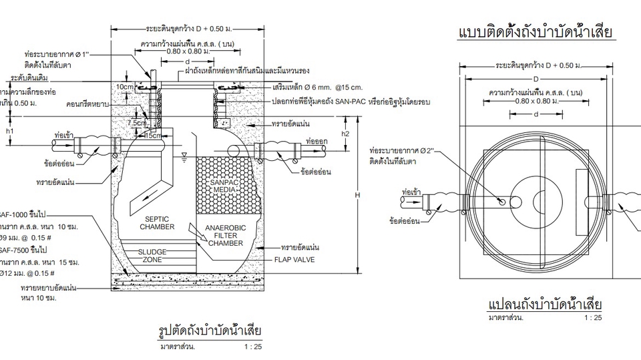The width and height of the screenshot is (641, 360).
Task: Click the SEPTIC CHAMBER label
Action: point(158,223)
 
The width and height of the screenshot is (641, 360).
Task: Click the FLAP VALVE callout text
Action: point(294,258)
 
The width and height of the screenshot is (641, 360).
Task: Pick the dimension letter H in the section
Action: point(358,195)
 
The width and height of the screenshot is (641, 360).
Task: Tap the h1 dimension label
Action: point(9,132)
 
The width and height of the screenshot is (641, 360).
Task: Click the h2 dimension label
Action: point(345,133)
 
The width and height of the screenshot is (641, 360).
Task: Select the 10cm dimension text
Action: point(124,87)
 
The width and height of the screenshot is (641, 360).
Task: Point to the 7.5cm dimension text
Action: point(138,123)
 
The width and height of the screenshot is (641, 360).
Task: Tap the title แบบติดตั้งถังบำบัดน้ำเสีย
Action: point(536,33)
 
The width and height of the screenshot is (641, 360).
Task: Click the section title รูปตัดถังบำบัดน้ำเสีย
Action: point(209,331)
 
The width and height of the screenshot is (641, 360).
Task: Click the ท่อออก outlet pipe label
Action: point(314,142)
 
